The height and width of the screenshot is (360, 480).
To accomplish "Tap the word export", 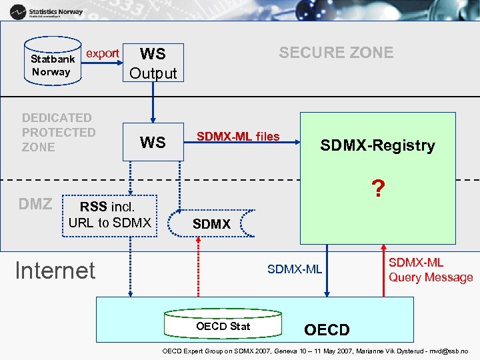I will [103, 53].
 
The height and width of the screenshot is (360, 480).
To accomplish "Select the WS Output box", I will [153, 63].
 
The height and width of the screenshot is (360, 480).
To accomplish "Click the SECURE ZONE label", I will [336, 53].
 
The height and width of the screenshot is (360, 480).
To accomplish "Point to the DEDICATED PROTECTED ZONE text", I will [59, 132].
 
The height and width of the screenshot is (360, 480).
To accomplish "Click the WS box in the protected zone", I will [153, 142].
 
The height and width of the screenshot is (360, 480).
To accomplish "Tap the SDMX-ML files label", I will [238, 137].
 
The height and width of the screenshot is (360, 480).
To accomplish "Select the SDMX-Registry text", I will [377, 146].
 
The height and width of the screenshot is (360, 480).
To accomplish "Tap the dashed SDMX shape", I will [211, 224].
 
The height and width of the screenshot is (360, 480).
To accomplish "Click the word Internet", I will [55, 270].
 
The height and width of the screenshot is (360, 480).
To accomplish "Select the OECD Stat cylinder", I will [223, 326].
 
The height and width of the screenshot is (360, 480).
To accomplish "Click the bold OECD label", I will [326, 330].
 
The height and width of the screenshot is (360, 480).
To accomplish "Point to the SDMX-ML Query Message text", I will [431, 270].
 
